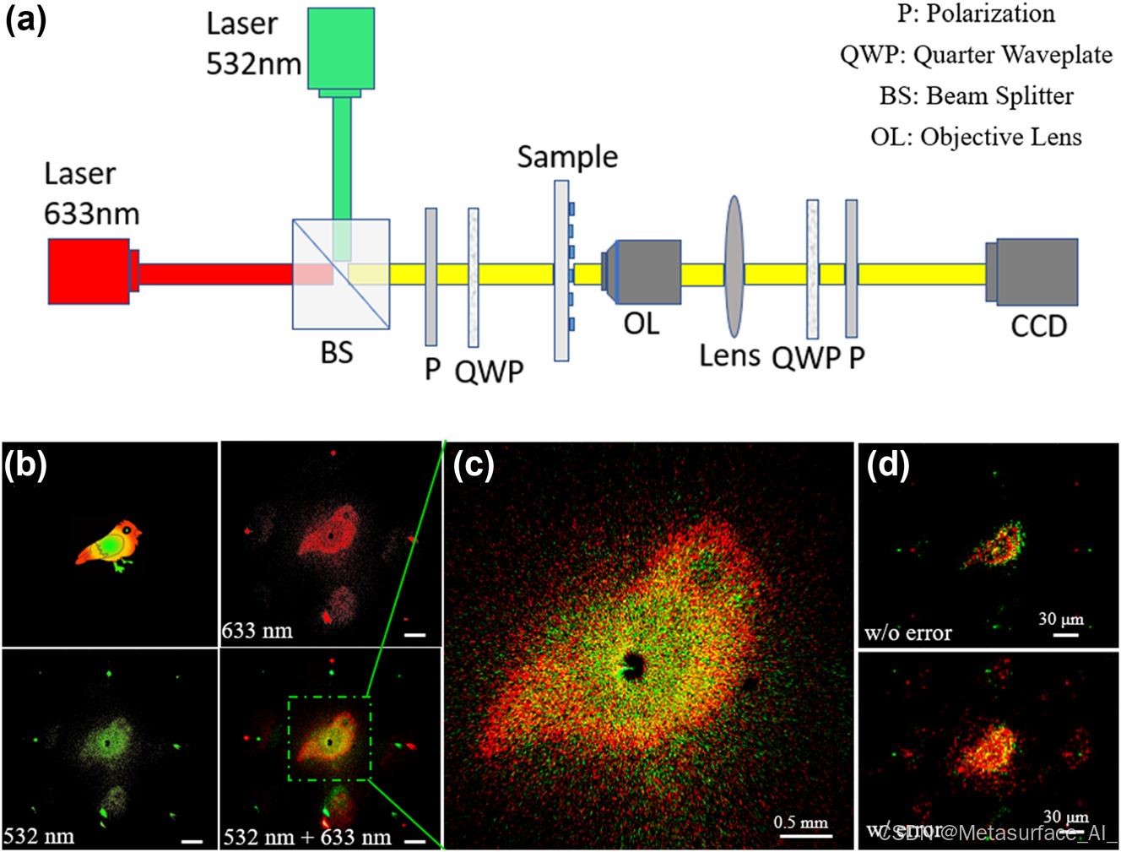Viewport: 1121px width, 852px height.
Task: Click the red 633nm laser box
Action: point(89,271)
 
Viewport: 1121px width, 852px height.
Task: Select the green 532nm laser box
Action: point(340,48)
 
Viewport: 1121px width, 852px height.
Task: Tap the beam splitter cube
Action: point(341,274)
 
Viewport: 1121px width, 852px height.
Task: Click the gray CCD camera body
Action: point(1036,271)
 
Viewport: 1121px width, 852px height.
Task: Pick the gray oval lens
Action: point(734,267)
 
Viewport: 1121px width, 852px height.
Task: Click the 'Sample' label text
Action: point(567,157)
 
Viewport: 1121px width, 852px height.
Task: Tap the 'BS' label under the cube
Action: point(336,352)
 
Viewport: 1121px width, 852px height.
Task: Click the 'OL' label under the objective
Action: point(641,323)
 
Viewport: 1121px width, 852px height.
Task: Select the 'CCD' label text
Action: point(1038,326)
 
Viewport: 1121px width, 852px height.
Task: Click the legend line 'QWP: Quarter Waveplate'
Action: point(976,55)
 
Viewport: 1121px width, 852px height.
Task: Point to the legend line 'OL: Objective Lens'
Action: point(976,137)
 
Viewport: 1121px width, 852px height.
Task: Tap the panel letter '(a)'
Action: point(26,19)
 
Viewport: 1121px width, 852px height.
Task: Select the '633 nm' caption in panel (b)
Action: point(257,631)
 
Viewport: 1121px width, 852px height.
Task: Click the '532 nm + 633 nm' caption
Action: point(307,837)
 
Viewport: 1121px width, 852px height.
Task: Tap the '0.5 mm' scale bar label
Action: point(801,822)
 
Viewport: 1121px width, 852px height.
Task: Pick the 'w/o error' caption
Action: point(907,632)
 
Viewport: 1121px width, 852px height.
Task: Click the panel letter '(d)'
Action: point(887,464)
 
